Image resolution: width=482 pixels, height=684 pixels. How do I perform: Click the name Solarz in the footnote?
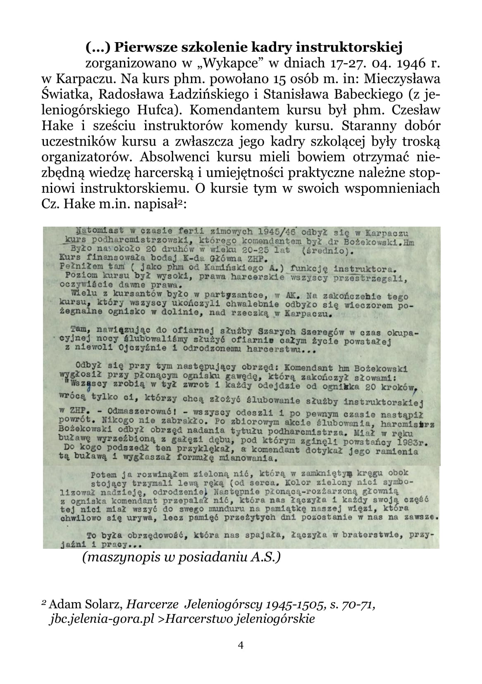(101, 605)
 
